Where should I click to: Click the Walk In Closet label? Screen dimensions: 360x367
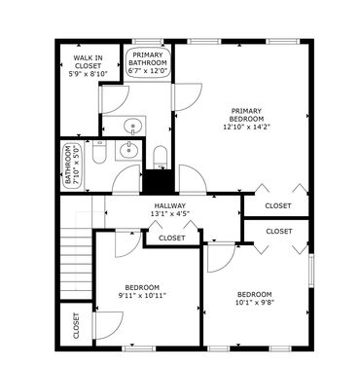click(89, 62)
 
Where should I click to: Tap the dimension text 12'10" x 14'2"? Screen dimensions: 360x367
click(247, 127)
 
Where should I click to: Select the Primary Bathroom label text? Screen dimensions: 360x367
click(148, 58)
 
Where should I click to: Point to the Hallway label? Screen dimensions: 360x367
click(169, 205)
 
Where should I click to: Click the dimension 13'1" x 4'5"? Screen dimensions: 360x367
click(169, 213)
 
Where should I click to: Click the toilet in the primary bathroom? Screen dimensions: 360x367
click(160, 158)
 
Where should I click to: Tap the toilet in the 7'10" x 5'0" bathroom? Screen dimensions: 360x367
click(99, 152)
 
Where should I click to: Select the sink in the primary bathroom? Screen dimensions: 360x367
click(132, 126)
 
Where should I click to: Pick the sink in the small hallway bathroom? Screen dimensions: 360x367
click(128, 150)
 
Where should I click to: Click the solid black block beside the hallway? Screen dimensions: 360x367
click(159, 181)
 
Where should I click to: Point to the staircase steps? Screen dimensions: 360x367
click(77, 264)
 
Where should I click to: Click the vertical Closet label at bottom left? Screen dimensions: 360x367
click(76, 325)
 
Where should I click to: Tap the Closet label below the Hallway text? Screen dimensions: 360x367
click(172, 238)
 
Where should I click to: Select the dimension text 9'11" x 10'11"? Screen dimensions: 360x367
click(142, 295)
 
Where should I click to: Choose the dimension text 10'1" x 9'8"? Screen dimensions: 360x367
click(254, 303)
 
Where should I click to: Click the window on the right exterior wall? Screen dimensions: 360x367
click(311, 271)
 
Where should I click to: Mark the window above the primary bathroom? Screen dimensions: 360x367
click(148, 41)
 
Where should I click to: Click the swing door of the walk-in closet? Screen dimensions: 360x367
click(114, 99)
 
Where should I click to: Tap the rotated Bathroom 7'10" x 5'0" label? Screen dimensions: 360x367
click(72, 165)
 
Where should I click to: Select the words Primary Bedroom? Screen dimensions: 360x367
click(247, 115)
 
